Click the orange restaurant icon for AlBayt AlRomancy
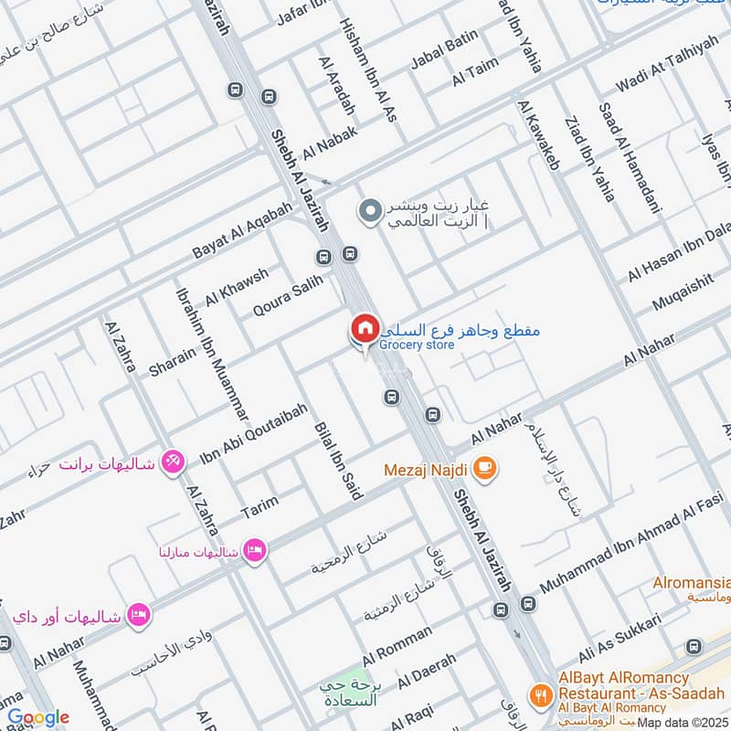542,694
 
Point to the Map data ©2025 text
683,723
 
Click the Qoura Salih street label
289,298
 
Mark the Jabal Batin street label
444,48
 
